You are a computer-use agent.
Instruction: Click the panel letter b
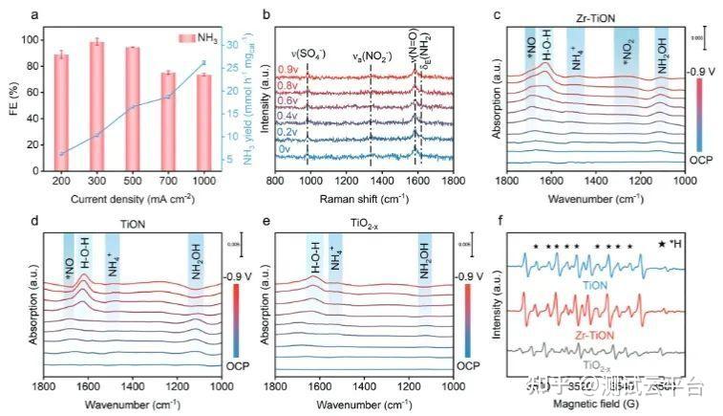(267, 14)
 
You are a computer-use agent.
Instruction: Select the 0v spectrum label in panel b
(285, 150)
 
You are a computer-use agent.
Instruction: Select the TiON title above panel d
(132, 222)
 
